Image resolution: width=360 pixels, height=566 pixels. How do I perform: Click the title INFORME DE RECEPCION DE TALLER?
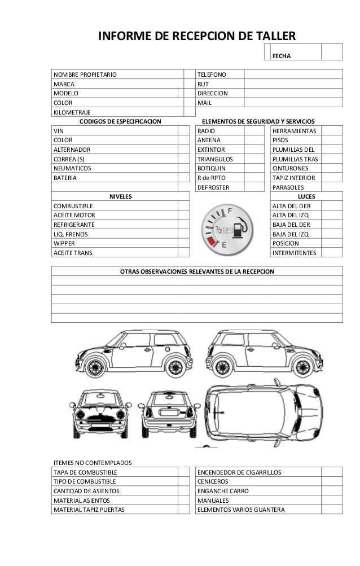[x=197, y=37]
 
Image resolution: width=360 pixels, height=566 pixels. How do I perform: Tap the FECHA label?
[x=281, y=56]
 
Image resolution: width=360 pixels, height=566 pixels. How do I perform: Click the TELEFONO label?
[x=211, y=74]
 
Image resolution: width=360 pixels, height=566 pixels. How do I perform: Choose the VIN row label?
[x=59, y=130]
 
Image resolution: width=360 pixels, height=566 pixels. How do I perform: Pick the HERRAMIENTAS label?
[x=295, y=130]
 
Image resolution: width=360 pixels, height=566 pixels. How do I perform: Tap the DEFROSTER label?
[x=212, y=187]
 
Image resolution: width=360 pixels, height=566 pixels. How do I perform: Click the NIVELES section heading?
[x=120, y=196]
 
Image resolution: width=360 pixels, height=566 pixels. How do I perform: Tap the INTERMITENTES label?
[x=295, y=253]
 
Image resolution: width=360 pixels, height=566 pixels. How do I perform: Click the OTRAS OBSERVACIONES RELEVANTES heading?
[x=197, y=271]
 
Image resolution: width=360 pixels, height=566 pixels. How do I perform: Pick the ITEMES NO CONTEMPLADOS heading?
[x=92, y=462]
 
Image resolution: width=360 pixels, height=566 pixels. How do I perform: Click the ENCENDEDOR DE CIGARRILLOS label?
[x=239, y=472]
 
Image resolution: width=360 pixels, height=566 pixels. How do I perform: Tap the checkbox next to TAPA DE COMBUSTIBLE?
[x=185, y=472]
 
